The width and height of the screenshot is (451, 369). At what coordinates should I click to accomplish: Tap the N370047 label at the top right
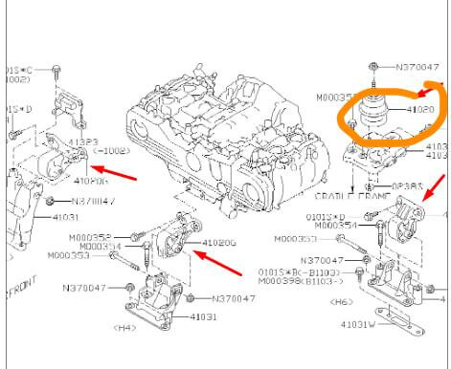pos(417,68)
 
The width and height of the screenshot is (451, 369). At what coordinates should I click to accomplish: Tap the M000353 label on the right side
pos(296,238)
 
